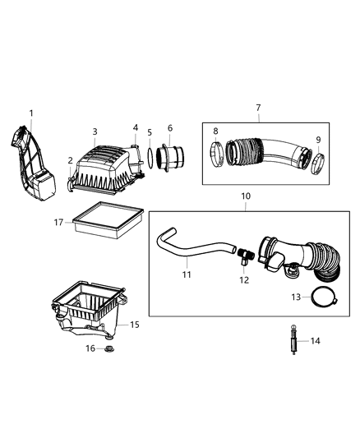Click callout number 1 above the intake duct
click(31, 113)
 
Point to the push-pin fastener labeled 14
click(292, 339)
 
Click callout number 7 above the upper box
click(257, 107)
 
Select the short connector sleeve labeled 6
click(173, 157)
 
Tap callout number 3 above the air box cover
click(95, 131)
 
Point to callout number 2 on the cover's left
click(70, 161)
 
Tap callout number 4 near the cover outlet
click(136, 127)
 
